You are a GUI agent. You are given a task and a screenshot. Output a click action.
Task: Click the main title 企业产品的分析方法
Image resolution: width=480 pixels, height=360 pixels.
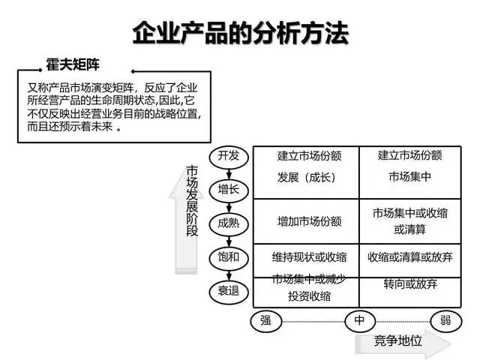point(241,33)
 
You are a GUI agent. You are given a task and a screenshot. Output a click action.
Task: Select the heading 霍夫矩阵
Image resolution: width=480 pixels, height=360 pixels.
point(73,64)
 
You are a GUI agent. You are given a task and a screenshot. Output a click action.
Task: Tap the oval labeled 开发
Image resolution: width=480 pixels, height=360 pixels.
point(229,157)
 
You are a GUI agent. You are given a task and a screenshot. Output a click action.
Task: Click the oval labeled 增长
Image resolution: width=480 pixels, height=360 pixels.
point(229,190)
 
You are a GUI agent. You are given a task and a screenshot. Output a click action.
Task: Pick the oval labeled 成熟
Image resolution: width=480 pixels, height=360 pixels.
point(229,223)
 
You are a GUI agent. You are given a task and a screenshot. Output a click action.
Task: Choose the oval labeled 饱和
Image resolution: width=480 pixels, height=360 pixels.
point(229,257)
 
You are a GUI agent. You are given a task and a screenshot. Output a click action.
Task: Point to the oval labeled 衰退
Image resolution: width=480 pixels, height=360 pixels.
point(229,291)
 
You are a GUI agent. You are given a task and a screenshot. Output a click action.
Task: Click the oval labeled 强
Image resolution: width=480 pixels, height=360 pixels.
point(265,321)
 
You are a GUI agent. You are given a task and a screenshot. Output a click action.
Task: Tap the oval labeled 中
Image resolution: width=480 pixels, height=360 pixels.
point(360,321)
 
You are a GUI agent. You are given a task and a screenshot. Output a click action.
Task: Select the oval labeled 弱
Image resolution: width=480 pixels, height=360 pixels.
point(445,321)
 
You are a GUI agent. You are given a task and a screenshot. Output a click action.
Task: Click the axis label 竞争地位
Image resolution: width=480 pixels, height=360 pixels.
point(398,340)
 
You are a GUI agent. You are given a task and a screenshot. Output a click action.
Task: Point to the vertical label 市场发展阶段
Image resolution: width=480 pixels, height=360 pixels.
point(192,201)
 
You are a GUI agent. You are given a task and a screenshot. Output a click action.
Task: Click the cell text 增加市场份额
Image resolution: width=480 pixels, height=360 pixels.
point(310,221)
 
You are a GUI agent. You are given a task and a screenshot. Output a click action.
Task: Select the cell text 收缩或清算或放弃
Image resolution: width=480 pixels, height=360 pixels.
point(410,257)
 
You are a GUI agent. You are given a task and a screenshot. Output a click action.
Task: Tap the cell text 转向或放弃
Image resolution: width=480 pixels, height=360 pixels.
point(410,284)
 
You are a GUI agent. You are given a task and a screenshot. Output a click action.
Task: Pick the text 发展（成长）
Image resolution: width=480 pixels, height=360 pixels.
point(307,178)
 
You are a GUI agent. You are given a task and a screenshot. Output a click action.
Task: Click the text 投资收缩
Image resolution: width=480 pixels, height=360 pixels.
point(310,296)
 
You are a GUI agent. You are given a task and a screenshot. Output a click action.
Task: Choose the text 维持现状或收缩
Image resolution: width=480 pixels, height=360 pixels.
point(310,257)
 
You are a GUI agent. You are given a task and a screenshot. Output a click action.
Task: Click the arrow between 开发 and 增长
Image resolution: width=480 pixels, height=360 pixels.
point(229,173)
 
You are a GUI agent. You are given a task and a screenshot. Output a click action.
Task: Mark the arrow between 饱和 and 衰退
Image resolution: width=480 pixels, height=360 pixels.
point(229,274)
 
